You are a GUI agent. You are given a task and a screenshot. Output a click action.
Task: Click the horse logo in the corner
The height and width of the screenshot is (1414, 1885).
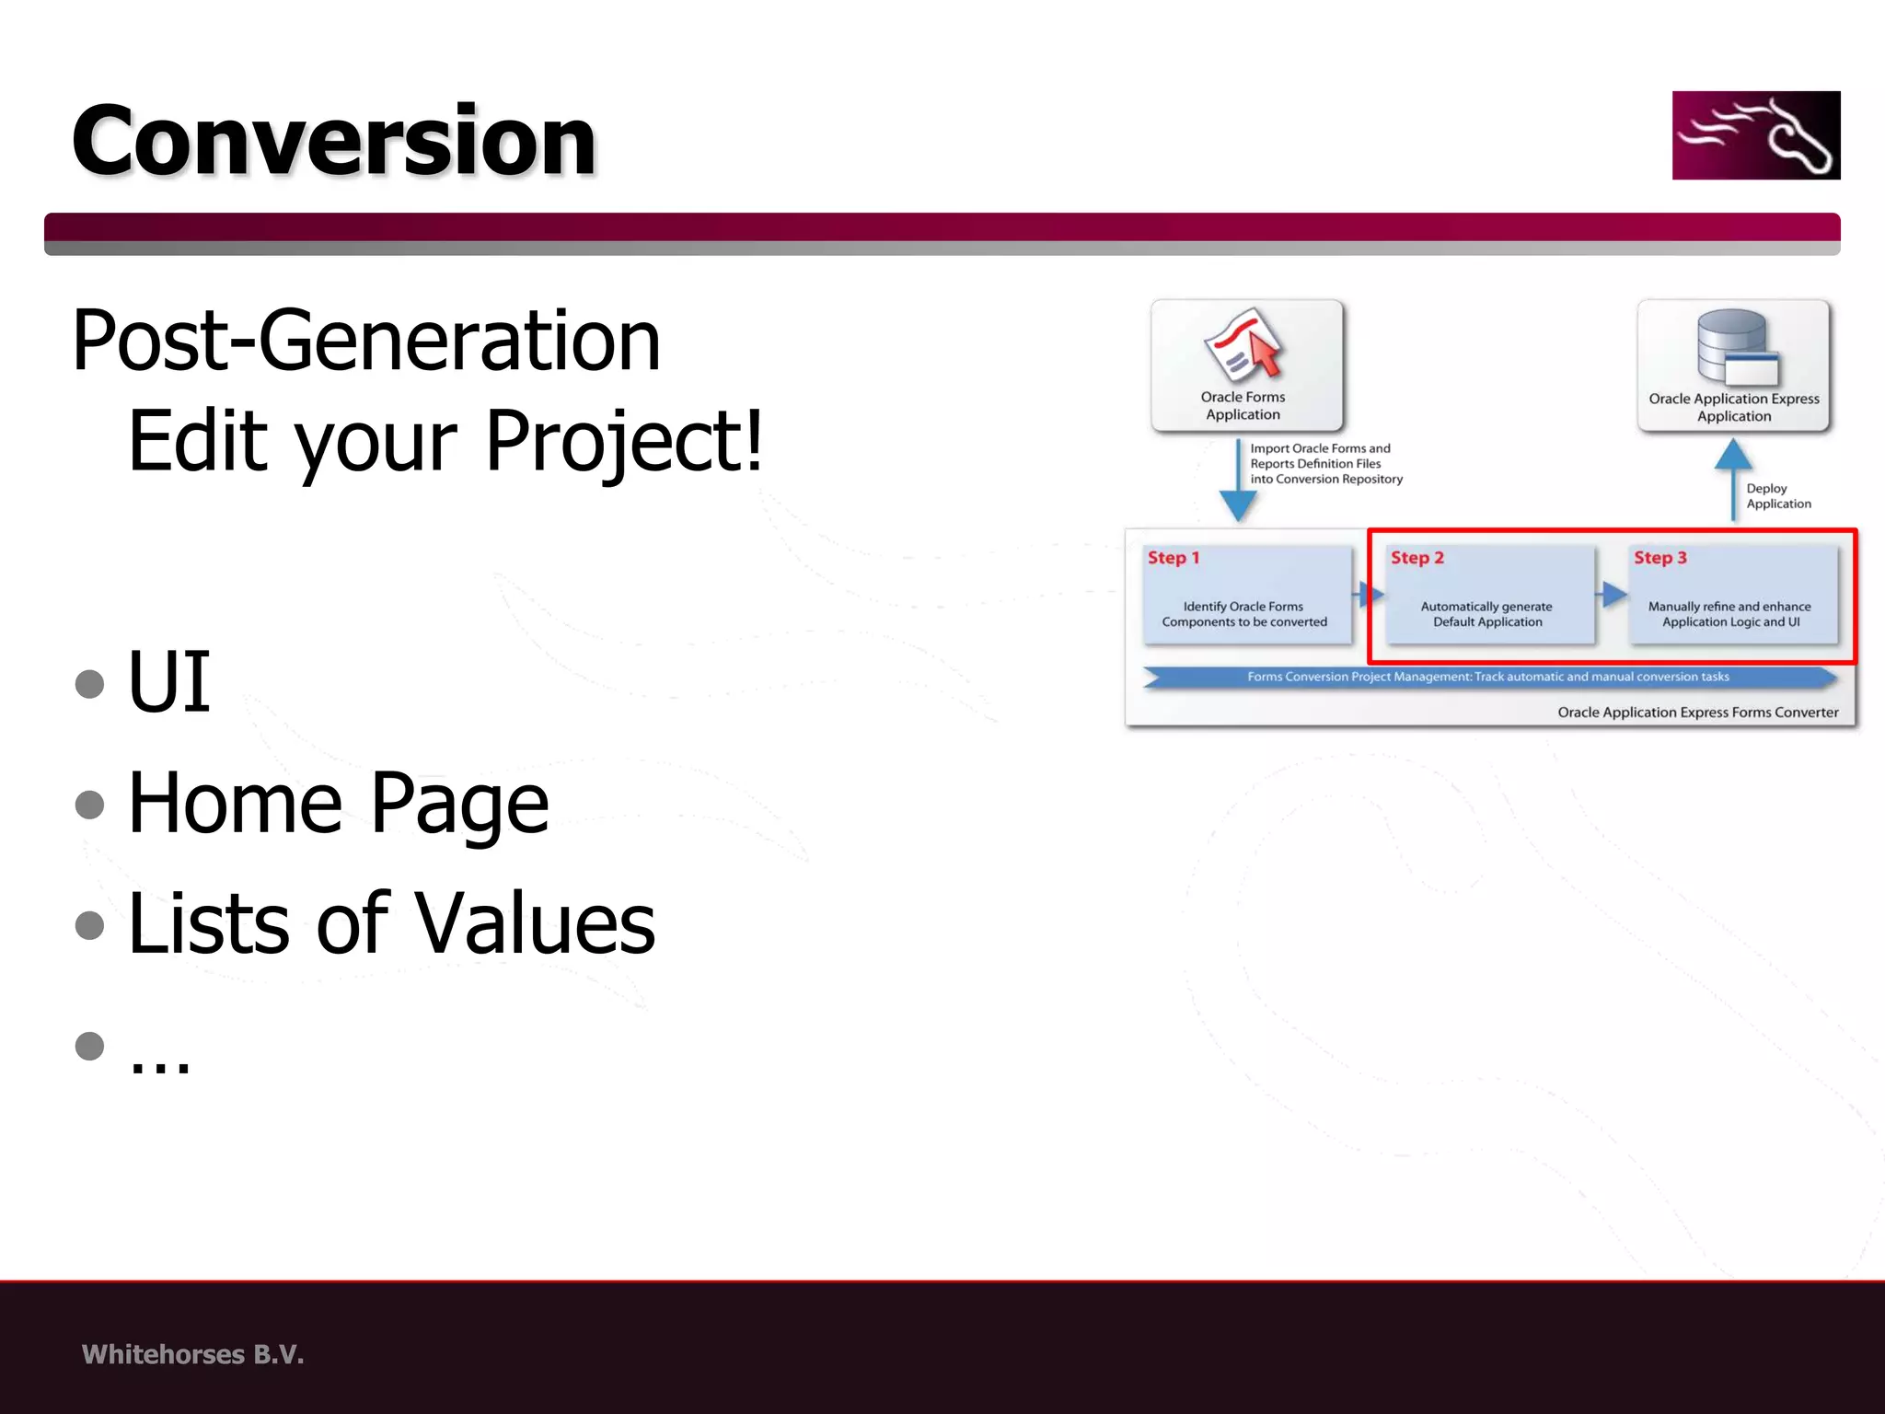pyautogui.click(x=1755, y=135)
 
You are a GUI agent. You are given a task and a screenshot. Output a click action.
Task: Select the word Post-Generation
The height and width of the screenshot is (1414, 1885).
pyautogui.click(x=365, y=341)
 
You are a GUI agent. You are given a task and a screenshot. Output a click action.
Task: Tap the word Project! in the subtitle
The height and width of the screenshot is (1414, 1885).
pyautogui.click(x=623, y=442)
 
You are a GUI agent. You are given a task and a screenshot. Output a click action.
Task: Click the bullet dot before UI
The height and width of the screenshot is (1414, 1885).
pyautogui.click(x=89, y=683)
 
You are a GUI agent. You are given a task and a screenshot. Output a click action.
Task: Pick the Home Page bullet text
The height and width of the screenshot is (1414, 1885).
pyautogui.click(x=338, y=804)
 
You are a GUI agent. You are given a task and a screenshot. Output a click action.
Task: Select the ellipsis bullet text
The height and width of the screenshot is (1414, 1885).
pyautogui.click(x=159, y=1059)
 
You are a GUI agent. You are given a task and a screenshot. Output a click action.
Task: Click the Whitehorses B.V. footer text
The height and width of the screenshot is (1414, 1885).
pyautogui.click(x=192, y=1354)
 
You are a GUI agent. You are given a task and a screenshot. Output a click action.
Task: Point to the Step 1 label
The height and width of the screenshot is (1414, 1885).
pyautogui.click(x=1173, y=558)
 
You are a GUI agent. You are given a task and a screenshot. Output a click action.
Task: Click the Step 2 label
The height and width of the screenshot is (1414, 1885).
pyautogui.click(x=1417, y=558)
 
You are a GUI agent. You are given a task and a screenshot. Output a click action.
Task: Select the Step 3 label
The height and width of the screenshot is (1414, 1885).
pyautogui.click(x=1659, y=558)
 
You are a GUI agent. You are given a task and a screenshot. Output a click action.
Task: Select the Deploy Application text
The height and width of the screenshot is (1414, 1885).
pyautogui.click(x=1777, y=496)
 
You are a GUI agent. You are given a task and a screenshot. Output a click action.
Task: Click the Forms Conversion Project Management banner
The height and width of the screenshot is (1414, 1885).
pyautogui.click(x=1487, y=678)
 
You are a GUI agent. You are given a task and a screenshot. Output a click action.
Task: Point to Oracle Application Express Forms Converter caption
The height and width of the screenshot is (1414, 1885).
pyautogui.click(x=1697, y=713)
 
